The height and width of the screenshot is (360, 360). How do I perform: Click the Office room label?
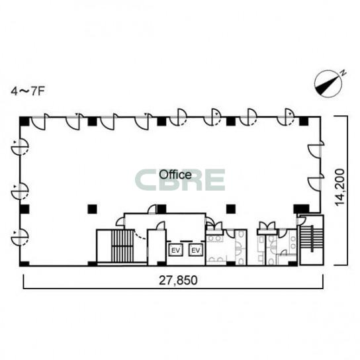click(175, 175)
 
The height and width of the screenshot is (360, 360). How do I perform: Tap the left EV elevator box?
click(176, 250)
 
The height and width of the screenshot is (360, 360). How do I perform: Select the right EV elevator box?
click(196, 250)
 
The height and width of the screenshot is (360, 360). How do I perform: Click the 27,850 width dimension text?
click(178, 281)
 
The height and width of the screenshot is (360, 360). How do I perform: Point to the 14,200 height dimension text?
click(339, 187)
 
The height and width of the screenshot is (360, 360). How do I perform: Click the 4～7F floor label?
click(28, 91)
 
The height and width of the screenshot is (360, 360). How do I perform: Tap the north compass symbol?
click(328, 83)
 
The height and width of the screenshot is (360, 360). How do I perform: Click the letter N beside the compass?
click(343, 73)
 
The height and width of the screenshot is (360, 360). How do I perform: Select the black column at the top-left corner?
click(24, 122)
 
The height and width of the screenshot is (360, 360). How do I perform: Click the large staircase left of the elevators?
click(122, 246)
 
